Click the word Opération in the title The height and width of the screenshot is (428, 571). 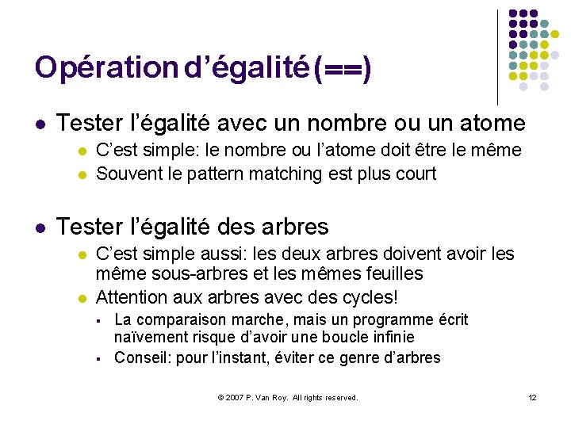[x=107, y=67]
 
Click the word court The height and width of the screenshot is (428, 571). [x=413, y=174]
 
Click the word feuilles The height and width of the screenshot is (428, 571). [x=388, y=274]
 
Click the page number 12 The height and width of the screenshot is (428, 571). [x=532, y=397]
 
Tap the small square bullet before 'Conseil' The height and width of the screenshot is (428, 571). [x=99, y=359]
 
